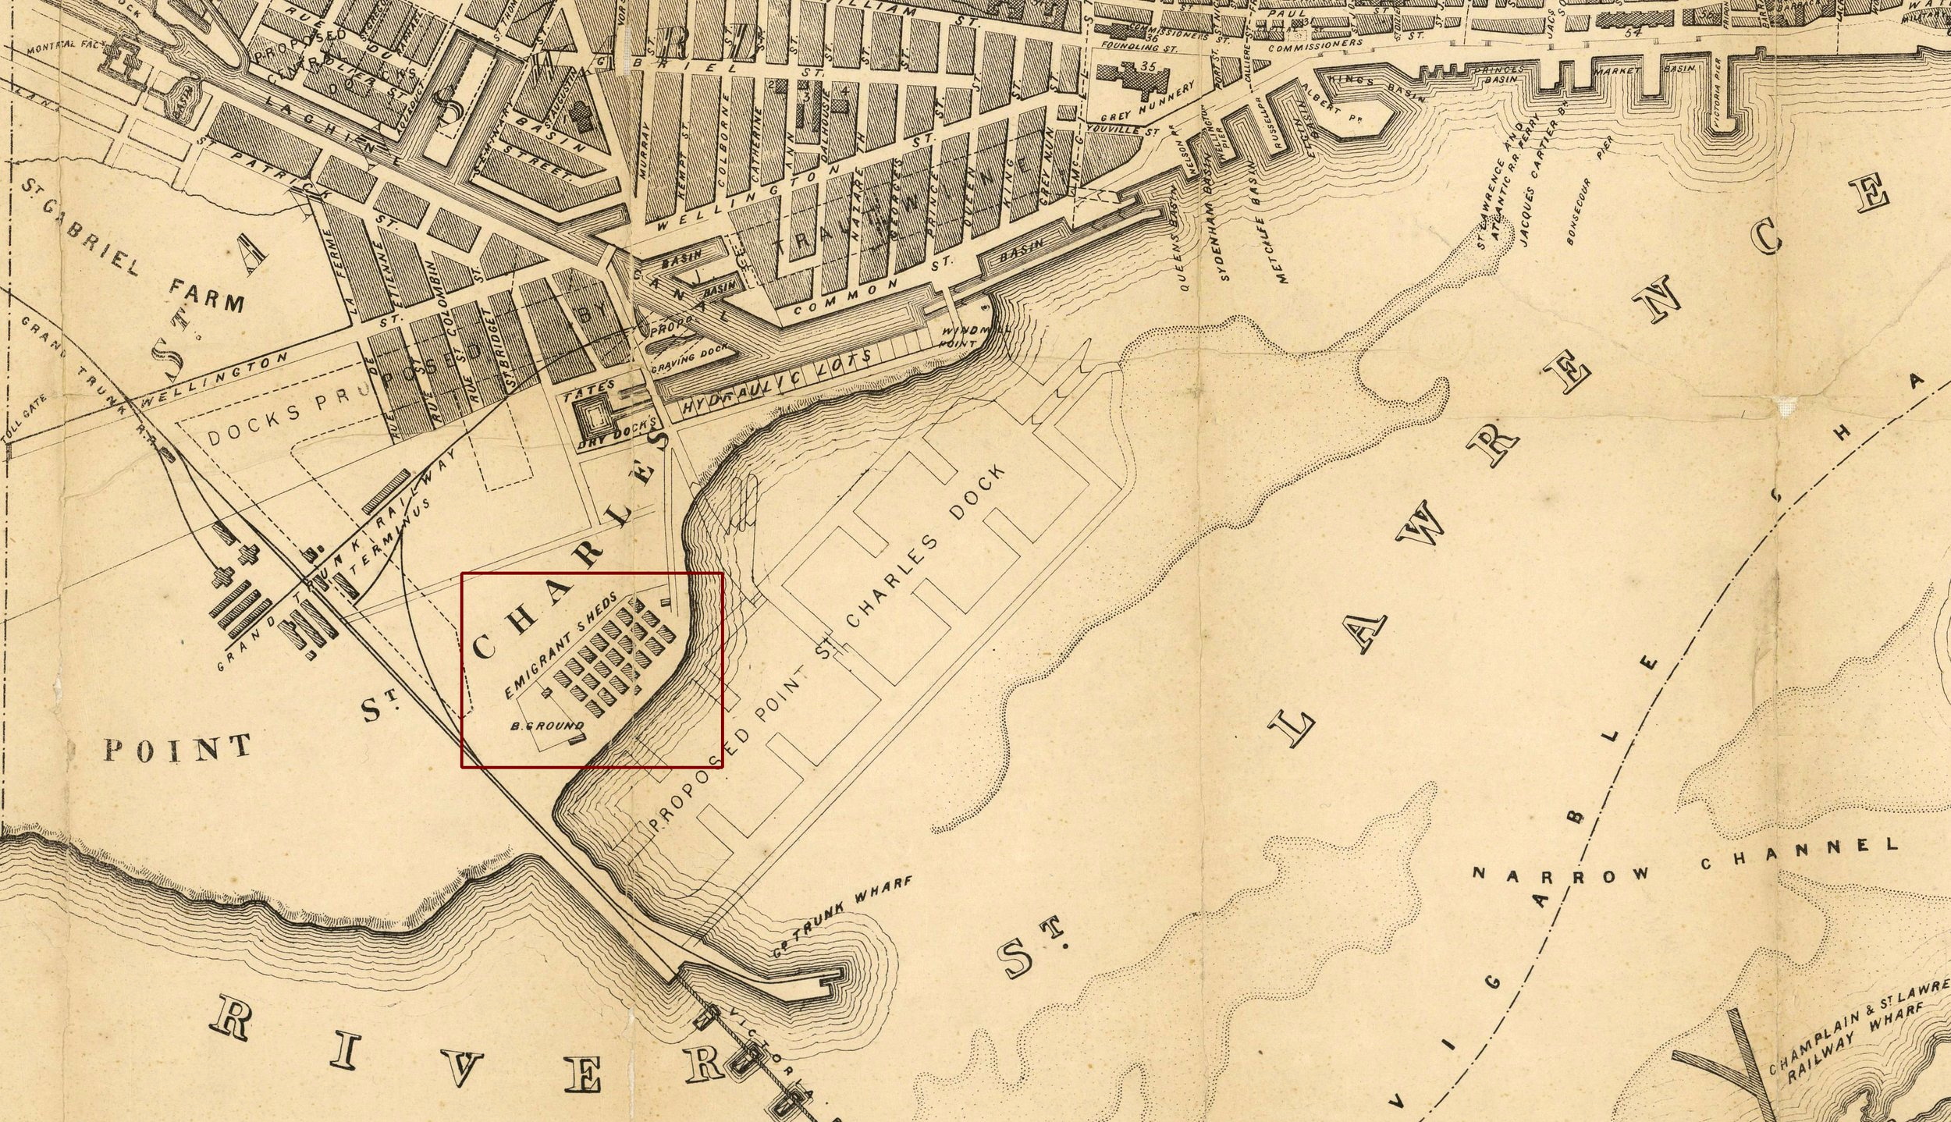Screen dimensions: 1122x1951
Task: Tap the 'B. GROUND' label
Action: pos(546,726)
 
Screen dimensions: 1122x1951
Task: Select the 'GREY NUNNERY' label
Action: pos(1147,105)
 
